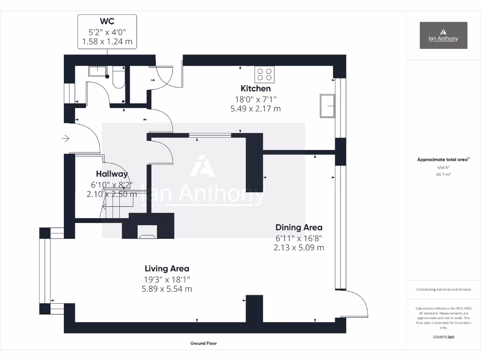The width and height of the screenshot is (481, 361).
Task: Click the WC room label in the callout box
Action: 107,21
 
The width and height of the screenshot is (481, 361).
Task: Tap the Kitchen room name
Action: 256,88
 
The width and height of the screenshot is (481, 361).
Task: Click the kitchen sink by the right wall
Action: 327,106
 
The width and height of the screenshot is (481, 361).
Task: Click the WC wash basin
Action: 97,71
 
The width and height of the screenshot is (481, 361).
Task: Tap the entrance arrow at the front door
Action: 65,139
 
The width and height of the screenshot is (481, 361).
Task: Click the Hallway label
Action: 112,174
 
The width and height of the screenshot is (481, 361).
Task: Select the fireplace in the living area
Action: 147,231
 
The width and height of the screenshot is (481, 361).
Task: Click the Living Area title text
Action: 167,269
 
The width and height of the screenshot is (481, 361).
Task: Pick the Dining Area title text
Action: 299,228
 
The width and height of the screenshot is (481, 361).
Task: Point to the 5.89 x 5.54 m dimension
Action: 167,289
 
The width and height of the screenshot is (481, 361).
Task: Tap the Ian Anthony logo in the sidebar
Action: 443,35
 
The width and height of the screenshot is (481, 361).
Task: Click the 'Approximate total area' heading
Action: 442,160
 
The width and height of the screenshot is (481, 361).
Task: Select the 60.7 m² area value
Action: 443,174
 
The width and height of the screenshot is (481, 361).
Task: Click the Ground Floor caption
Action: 203,344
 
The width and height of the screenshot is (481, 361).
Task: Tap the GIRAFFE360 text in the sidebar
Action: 443,337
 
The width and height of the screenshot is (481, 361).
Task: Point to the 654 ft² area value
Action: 443,167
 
